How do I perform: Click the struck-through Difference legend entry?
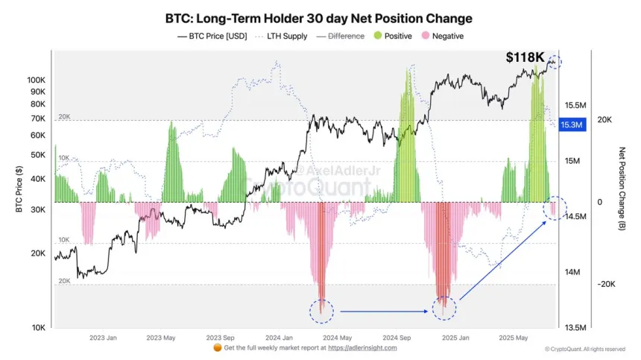click(x=344, y=36)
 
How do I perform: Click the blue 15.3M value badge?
click(x=572, y=124)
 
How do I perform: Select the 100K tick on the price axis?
click(x=37, y=79)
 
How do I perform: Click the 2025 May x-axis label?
click(x=514, y=338)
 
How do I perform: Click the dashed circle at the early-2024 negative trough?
click(x=321, y=309)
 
